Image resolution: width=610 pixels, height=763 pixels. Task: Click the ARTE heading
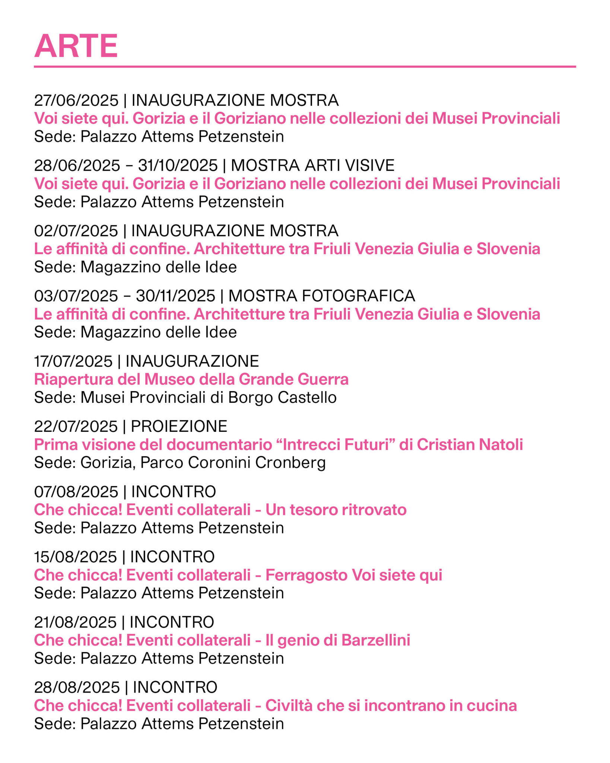(x=76, y=46)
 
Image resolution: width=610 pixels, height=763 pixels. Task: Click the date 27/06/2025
(x=76, y=100)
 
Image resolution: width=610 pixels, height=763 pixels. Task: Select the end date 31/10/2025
(x=178, y=165)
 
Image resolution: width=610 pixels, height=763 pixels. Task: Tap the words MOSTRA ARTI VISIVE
(x=312, y=165)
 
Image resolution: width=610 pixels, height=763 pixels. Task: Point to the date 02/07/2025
(x=76, y=231)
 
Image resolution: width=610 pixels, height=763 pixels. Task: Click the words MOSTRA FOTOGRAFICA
(x=321, y=296)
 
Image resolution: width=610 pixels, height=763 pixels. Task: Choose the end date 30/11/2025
(x=175, y=296)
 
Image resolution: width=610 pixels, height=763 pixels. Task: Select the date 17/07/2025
(x=73, y=361)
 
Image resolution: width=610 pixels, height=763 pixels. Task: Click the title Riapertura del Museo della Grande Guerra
(x=191, y=379)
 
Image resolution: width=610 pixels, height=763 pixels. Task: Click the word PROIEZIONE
(x=179, y=426)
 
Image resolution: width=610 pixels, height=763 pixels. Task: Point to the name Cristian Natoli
(x=470, y=444)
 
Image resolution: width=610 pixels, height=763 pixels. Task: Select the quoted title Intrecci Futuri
(x=339, y=444)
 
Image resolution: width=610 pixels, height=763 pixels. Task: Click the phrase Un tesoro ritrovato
(x=336, y=510)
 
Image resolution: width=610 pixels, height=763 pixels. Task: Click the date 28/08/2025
(x=77, y=687)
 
